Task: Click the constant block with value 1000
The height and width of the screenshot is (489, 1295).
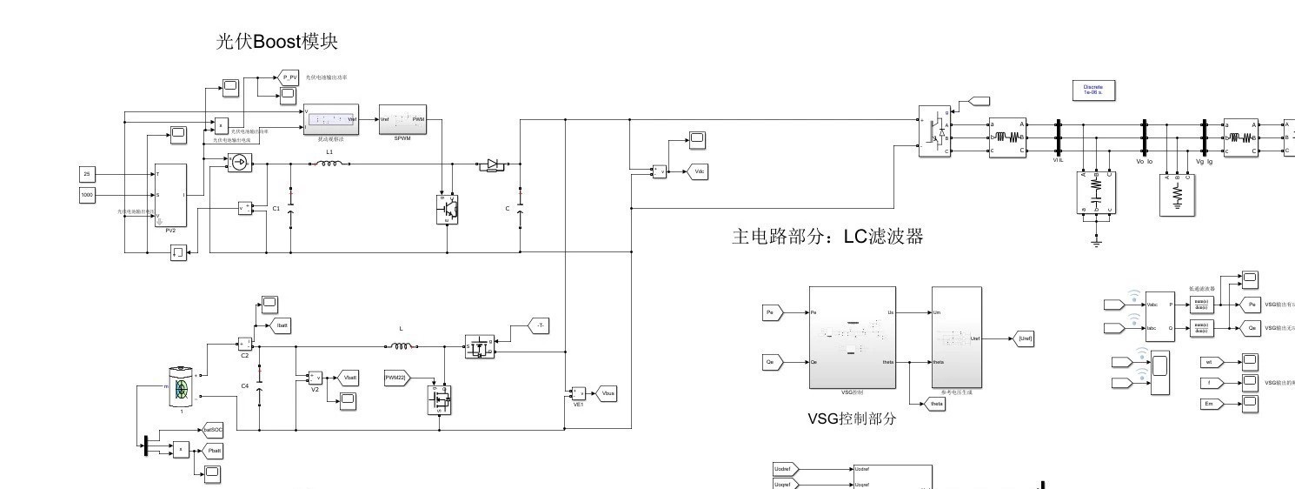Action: coord(87,195)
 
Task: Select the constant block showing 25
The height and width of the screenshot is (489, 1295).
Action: coord(87,174)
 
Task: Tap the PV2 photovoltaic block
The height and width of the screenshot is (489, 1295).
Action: coord(170,198)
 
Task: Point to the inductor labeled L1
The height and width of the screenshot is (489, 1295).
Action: coord(329,163)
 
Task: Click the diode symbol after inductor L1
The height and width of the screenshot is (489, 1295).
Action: coord(492,163)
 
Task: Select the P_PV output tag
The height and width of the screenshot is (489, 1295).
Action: coord(289,77)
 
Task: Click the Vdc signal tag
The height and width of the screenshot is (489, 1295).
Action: coord(697,171)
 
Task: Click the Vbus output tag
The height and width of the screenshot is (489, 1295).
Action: coord(607,393)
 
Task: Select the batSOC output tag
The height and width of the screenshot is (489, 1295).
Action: coord(211,429)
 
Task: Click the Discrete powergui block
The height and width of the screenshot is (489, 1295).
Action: coord(1092,90)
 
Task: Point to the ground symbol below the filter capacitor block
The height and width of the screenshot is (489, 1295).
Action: coord(1096,243)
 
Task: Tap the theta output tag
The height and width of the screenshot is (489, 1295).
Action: coord(934,404)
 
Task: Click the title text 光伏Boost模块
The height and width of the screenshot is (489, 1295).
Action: coord(276,41)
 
